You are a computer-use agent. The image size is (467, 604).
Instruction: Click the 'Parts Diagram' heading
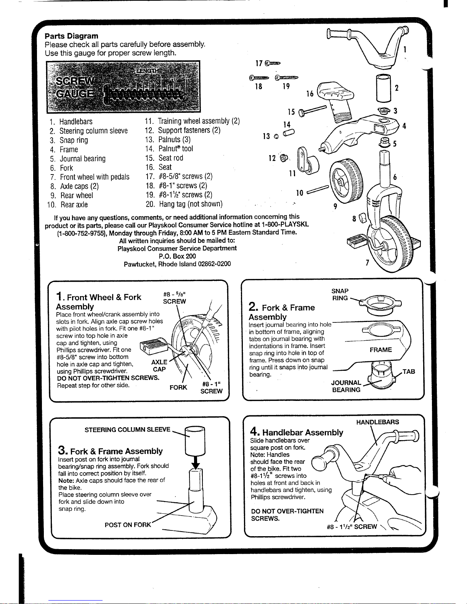(71, 36)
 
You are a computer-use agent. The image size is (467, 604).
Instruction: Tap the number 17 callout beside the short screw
(259, 63)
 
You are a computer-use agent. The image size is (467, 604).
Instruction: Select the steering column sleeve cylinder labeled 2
(384, 88)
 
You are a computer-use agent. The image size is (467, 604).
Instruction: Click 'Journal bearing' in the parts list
(83, 159)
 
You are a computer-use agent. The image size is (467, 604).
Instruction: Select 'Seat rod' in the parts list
(171, 158)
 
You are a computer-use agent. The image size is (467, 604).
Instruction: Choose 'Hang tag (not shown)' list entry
(191, 204)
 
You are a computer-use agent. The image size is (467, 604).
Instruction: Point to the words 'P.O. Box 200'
(177, 256)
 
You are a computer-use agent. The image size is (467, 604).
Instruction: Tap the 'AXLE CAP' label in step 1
(159, 365)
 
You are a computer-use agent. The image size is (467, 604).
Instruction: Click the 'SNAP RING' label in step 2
(340, 294)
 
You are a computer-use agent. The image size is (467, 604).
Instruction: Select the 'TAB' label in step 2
(409, 371)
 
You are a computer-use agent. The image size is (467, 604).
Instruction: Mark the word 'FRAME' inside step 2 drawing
(380, 350)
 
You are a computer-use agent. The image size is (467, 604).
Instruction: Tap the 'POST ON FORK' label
(128, 525)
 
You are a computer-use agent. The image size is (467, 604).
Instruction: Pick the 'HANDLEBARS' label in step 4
(377, 422)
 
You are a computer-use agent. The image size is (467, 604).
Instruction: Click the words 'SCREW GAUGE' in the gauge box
(75, 88)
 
